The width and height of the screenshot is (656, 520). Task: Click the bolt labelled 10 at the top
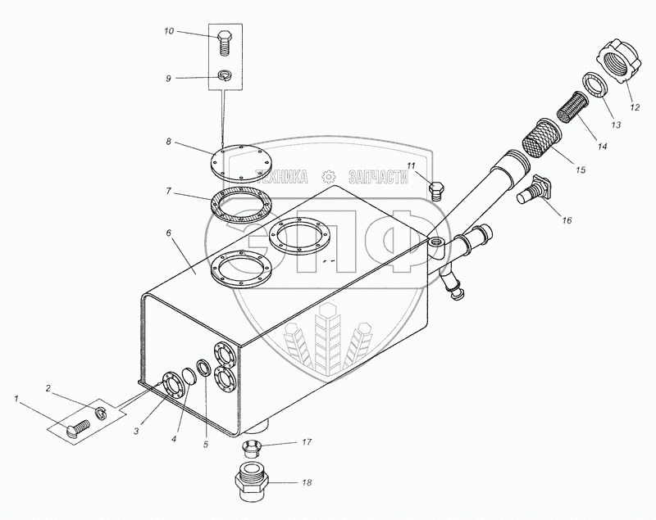pos(225,41)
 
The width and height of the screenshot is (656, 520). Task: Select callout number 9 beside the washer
pos(168,79)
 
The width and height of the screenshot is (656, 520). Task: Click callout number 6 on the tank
pos(169,233)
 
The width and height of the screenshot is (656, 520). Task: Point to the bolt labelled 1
pos(75,426)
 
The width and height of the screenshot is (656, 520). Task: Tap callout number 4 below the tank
pos(175,437)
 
